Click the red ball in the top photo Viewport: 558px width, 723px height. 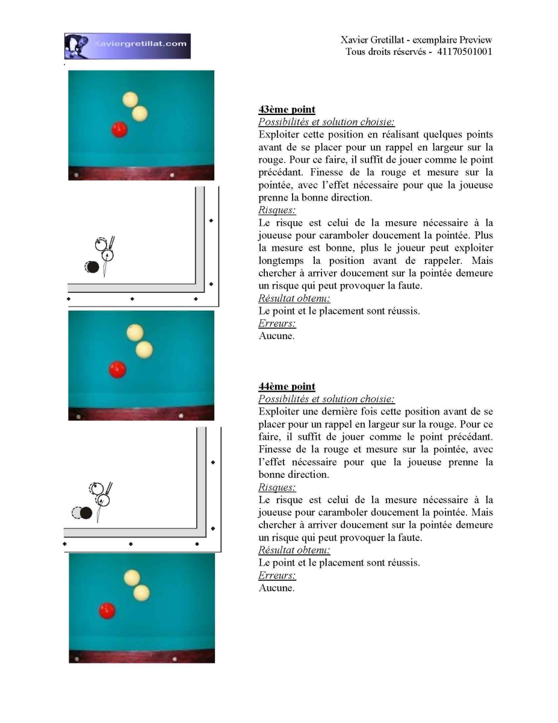(119, 130)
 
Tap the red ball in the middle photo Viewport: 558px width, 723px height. (117, 370)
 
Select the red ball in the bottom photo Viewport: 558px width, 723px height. (107, 611)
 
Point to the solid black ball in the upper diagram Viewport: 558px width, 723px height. (93, 267)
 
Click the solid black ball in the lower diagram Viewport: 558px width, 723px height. (86, 513)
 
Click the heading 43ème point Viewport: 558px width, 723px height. (287, 109)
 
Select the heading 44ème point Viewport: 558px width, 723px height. (287, 386)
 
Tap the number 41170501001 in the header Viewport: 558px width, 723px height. (464, 52)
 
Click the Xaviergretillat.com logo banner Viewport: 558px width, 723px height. (128, 46)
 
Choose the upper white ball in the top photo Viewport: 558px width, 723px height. (130, 99)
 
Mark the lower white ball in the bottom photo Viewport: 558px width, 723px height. (141, 593)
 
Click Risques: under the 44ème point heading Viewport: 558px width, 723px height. (277, 487)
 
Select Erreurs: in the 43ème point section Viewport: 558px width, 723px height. (277, 323)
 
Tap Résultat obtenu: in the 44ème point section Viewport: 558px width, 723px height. (294, 550)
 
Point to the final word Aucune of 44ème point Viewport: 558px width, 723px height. (276, 588)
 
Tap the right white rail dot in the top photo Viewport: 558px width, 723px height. (172, 175)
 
